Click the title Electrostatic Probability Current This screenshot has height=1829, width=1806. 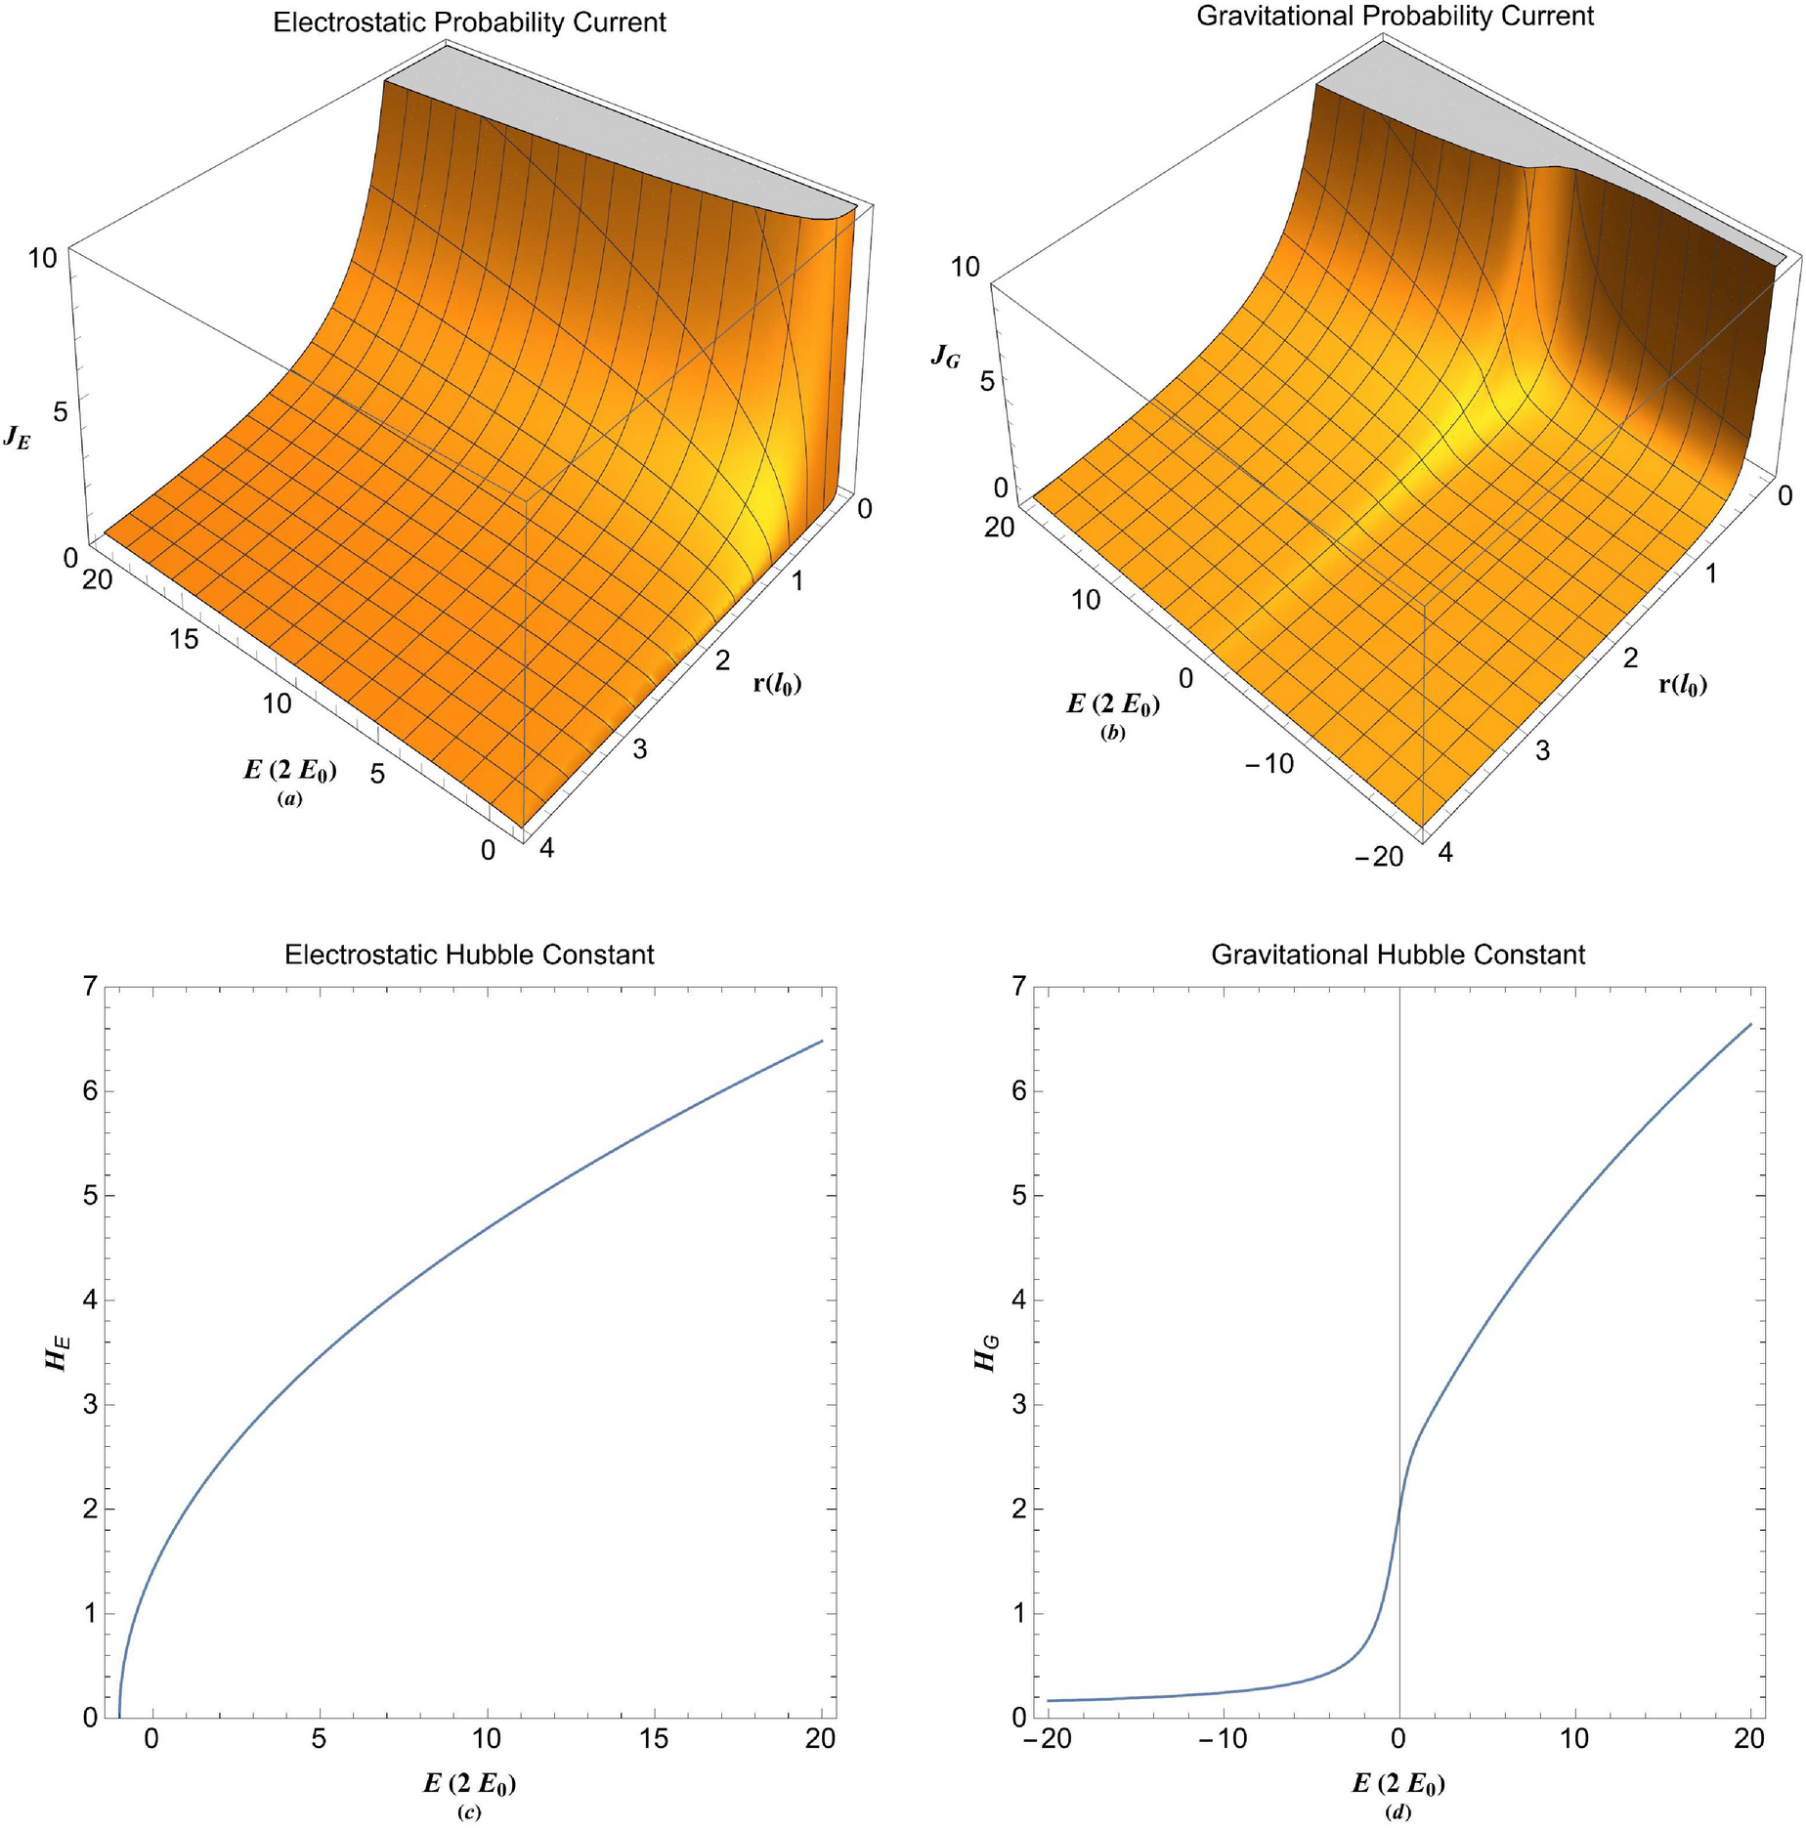click(469, 22)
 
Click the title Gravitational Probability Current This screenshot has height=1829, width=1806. click(1395, 16)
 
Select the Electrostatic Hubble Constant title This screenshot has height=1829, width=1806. click(469, 955)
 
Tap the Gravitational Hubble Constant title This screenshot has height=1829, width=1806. click(1397, 955)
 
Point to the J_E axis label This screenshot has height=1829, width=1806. click(17, 437)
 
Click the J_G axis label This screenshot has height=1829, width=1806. click(945, 357)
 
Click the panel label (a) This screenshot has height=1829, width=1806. click(289, 798)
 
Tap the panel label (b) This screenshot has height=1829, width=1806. click(1112, 732)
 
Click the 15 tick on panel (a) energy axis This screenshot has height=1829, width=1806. click(184, 639)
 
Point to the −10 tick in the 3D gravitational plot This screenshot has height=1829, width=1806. click(1268, 764)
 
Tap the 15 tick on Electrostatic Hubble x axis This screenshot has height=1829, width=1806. click(654, 1739)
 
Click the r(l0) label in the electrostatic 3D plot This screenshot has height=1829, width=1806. click(777, 683)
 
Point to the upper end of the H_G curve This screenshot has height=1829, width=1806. click(1749, 1024)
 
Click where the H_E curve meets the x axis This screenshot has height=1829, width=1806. click(119, 1717)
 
